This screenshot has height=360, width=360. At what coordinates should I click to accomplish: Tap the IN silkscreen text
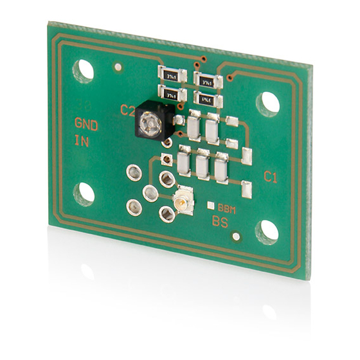[x=82, y=141]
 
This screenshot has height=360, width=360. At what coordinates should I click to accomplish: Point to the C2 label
[x=128, y=110]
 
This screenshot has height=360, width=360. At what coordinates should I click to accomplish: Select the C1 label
[x=271, y=177]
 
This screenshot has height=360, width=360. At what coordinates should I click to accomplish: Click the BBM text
[x=227, y=208]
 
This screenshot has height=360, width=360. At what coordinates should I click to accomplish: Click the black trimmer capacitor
[x=152, y=121]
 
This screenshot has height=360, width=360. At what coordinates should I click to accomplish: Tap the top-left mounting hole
[x=84, y=69]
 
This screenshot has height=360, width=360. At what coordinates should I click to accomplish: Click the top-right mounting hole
[x=270, y=103]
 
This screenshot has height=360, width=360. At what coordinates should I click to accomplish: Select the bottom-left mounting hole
[x=84, y=193]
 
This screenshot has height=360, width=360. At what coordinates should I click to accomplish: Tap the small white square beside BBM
[x=211, y=206]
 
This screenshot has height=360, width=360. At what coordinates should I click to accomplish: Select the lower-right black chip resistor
[x=206, y=100]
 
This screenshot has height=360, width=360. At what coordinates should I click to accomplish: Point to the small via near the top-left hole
[x=117, y=67]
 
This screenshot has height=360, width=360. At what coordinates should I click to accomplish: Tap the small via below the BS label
[x=235, y=237]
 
